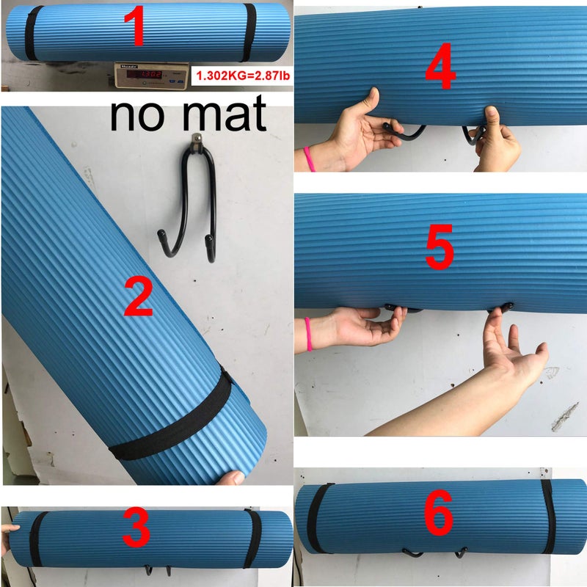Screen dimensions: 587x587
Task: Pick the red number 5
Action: click(440, 250)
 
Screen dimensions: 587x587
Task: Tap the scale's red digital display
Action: click(145, 73)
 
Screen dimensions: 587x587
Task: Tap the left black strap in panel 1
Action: click(31, 33)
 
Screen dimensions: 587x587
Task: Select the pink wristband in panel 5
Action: click(308, 333)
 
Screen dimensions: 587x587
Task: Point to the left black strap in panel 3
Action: click(37, 540)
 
